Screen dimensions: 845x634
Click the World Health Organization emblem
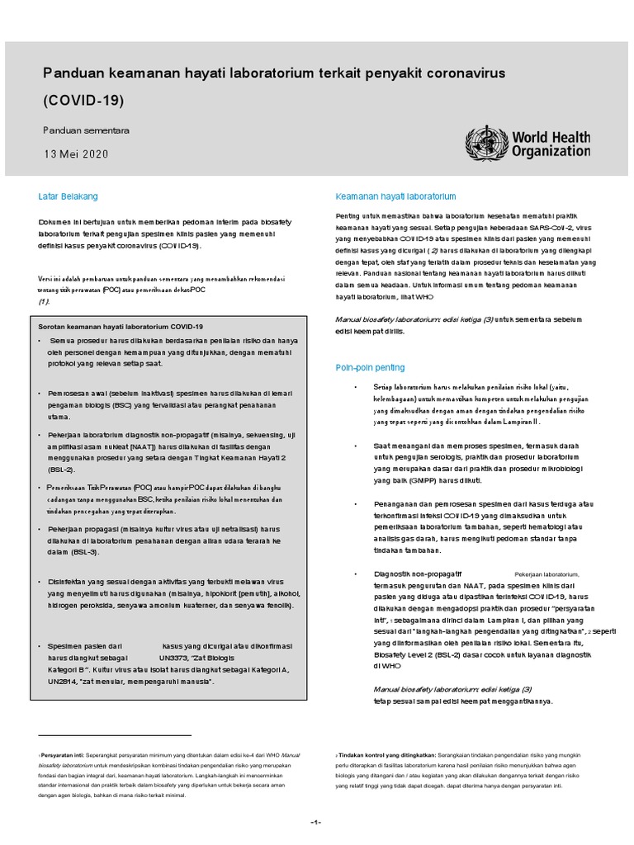(486, 143)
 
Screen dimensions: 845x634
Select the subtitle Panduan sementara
(86, 130)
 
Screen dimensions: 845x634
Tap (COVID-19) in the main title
(83, 101)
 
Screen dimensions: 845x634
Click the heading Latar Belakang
(69, 196)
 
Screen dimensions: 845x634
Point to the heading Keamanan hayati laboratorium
(395, 197)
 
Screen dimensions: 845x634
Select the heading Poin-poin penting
(370, 367)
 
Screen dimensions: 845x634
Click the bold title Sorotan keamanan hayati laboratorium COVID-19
(121, 327)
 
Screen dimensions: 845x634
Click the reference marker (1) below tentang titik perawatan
(45, 302)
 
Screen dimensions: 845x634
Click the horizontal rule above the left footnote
(115, 734)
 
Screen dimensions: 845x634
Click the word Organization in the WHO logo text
(551, 151)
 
